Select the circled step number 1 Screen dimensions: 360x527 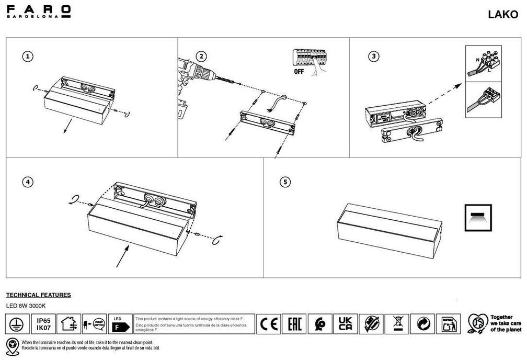click(29, 56)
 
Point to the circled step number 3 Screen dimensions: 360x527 click(373, 56)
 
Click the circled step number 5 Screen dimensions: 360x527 click(285, 182)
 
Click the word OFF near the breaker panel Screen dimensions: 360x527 click(299, 72)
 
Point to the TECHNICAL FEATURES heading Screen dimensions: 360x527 click(38, 295)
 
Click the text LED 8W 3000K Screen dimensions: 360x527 click(26, 306)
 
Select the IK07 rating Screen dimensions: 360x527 click(43, 328)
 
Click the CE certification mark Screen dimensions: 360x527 click(269, 324)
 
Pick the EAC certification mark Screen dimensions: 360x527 click(294, 324)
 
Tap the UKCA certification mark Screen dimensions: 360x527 click(345, 324)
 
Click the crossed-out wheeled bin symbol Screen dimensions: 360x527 click(396, 324)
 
